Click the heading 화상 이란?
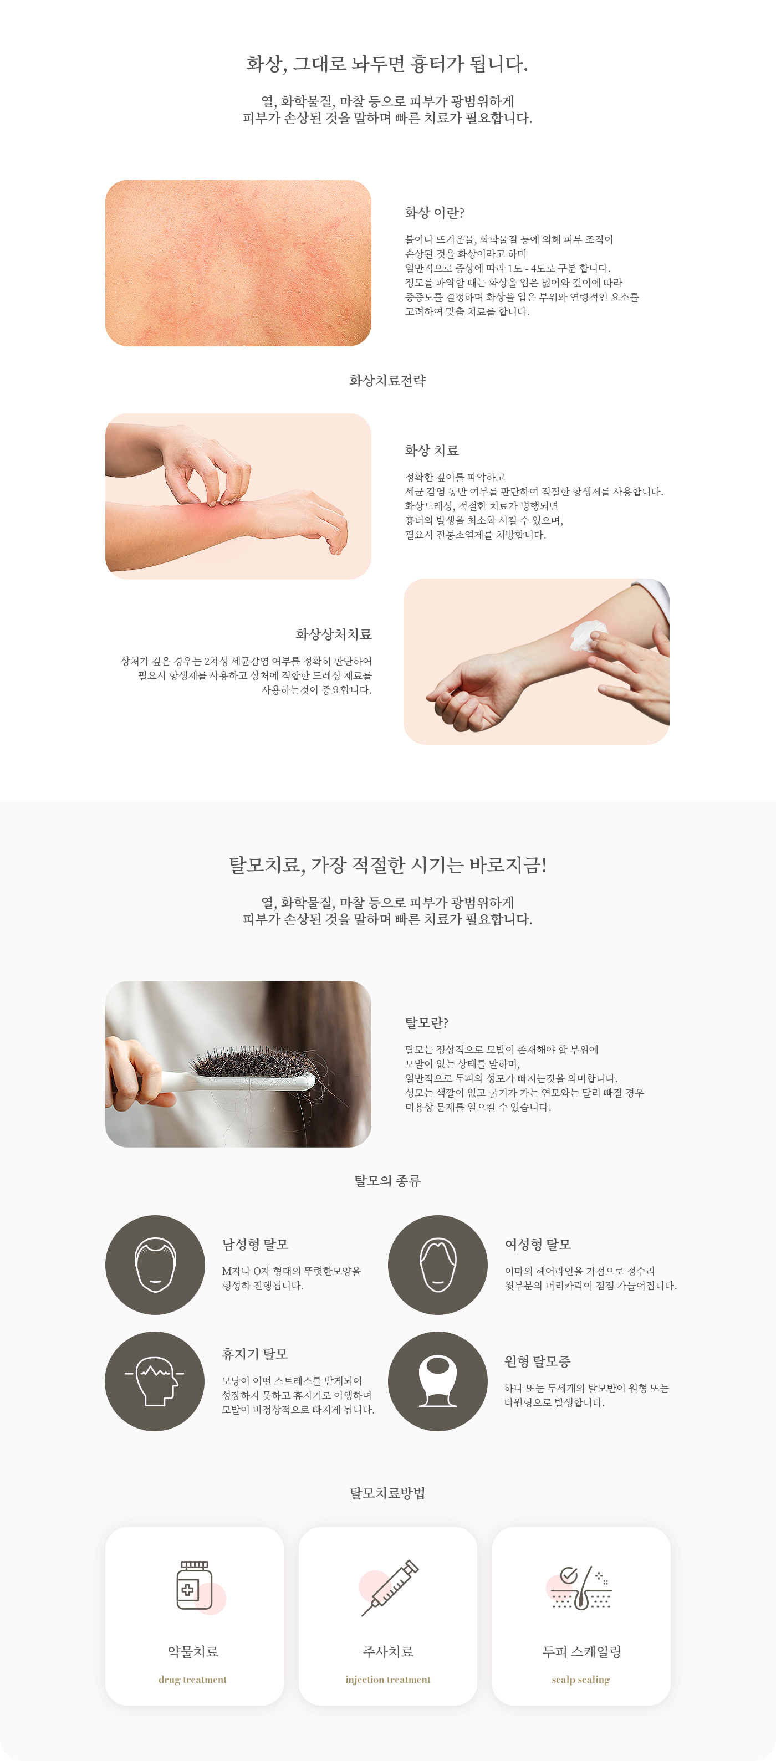click(x=434, y=213)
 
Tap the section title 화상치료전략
click(x=387, y=381)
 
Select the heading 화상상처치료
click(x=334, y=634)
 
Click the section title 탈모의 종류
click(x=387, y=1181)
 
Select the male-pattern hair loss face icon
click(x=156, y=1265)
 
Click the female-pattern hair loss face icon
click(x=437, y=1265)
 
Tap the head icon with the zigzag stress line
click(x=155, y=1381)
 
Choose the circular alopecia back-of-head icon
click(x=437, y=1381)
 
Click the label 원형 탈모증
click(x=538, y=1362)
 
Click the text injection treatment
click(x=387, y=1680)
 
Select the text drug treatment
click(x=193, y=1680)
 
